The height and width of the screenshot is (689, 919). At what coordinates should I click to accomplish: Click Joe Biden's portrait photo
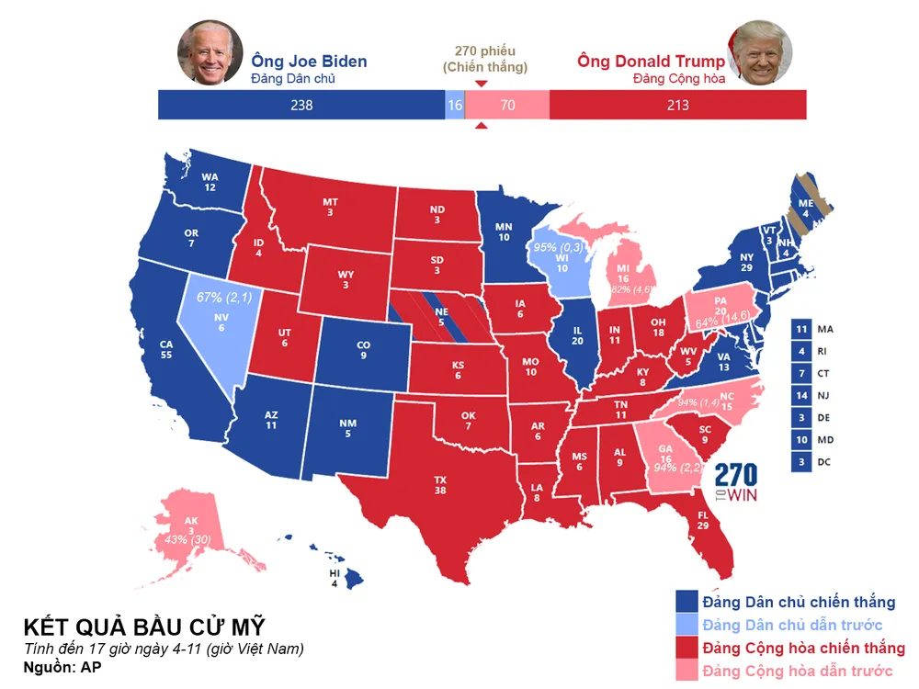coord(210,52)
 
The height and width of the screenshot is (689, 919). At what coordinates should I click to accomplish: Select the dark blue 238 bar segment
coord(301,105)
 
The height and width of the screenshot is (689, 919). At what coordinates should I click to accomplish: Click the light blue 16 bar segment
coord(455,105)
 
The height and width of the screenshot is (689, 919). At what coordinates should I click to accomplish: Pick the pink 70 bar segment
coord(507,105)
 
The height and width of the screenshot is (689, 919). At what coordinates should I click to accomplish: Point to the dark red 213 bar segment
coord(677,105)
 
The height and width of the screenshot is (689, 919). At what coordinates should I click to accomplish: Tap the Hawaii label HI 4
coord(334,577)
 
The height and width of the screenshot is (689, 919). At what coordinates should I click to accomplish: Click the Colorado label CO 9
coord(364,350)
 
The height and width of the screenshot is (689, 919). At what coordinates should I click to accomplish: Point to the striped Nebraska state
coord(441,317)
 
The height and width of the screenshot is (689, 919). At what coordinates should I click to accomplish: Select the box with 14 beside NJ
coord(801,396)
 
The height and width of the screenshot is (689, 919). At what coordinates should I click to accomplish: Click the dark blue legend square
coord(686,602)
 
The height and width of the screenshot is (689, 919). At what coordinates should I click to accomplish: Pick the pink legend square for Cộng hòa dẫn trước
coord(686,672)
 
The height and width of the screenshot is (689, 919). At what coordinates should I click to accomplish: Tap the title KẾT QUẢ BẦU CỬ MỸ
coord(144,627)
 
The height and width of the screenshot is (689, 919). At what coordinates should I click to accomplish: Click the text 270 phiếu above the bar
coord(485,51)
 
